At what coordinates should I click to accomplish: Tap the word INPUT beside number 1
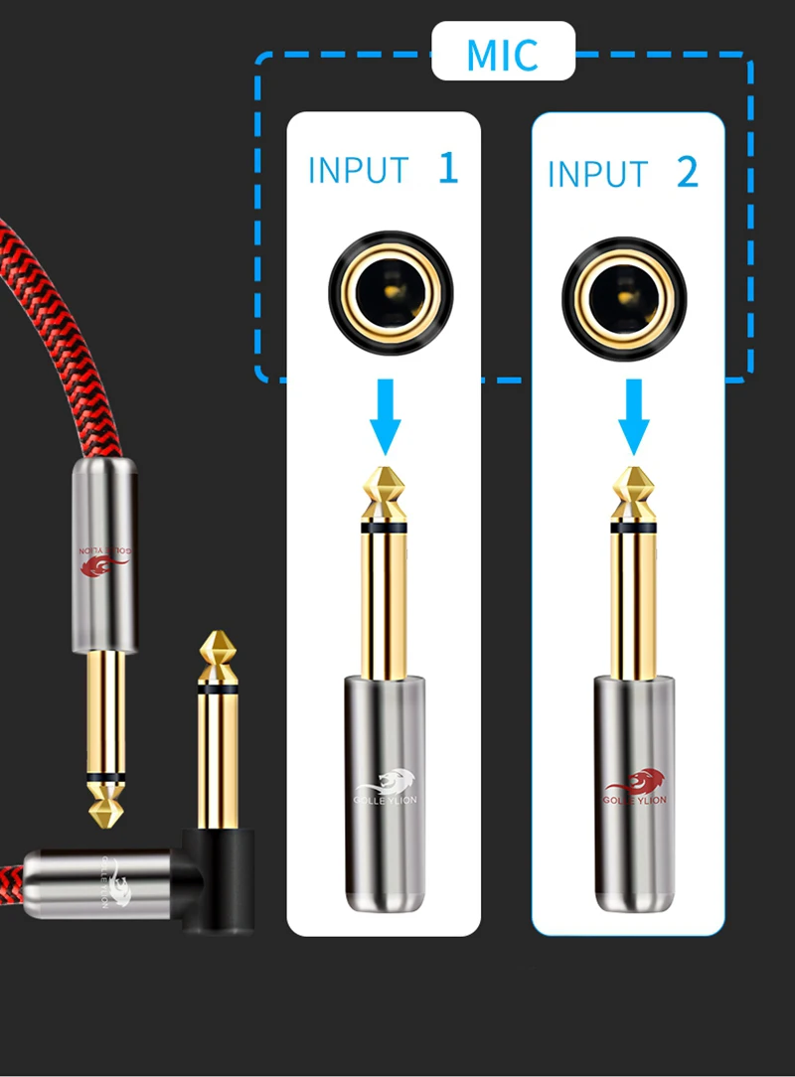coord(358,170)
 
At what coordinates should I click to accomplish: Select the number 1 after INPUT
coord(448,168)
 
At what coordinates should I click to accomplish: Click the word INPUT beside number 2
coord(597,174)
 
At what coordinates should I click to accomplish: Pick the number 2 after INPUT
coord(688,173)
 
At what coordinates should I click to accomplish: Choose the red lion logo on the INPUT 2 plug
coord(636,785)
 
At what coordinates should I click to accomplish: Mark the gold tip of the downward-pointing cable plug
coord(104,803)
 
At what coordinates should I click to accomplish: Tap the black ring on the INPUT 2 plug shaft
coord(632,528)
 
